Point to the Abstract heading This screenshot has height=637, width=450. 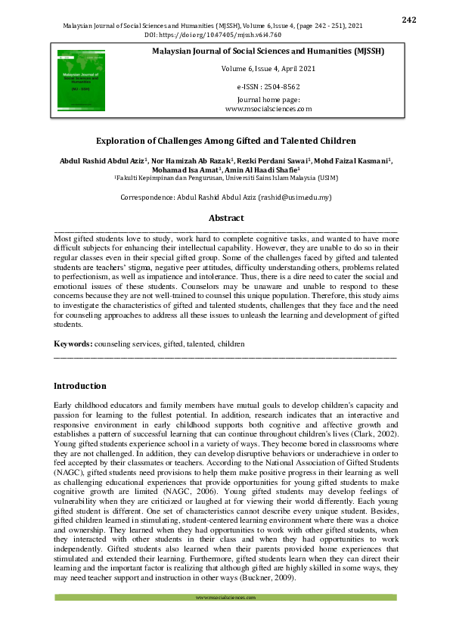(x=225, y=218)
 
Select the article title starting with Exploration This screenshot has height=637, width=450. (x=225, y=141)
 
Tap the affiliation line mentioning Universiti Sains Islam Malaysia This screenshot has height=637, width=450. (x=225, y=179)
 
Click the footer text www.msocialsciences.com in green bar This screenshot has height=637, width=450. (x=225, y=598)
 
